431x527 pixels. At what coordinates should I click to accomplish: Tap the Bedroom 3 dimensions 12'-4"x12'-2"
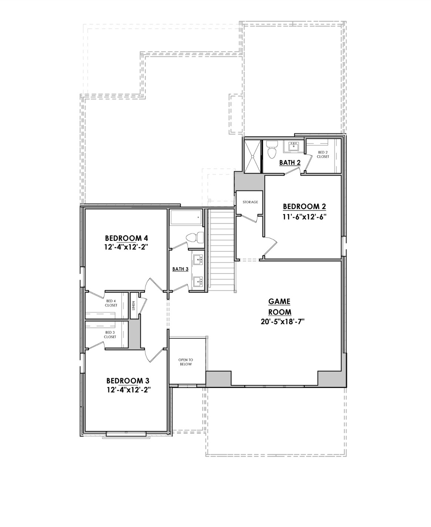point(128,390)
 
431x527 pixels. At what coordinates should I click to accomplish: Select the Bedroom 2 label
point(304,206)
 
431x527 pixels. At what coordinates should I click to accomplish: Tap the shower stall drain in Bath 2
point(253,156)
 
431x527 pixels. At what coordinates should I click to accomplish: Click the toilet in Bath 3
point(196,237)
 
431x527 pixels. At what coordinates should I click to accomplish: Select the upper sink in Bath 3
point(198,259)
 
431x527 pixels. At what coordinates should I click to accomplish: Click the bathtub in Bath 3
point(186,218)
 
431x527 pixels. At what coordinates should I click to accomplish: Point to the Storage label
point(250,202)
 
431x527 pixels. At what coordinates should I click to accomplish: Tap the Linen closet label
point(134,306)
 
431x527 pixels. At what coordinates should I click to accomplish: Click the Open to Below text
point(186,362)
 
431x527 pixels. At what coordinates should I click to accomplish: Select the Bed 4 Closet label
point(111,303)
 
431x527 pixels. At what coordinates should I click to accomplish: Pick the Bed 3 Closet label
point(110,335)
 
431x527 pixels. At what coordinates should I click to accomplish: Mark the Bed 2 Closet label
point(323,155)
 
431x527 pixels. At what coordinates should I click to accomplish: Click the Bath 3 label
point(180,269)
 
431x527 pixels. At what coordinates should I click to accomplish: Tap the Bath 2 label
point(290,162)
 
